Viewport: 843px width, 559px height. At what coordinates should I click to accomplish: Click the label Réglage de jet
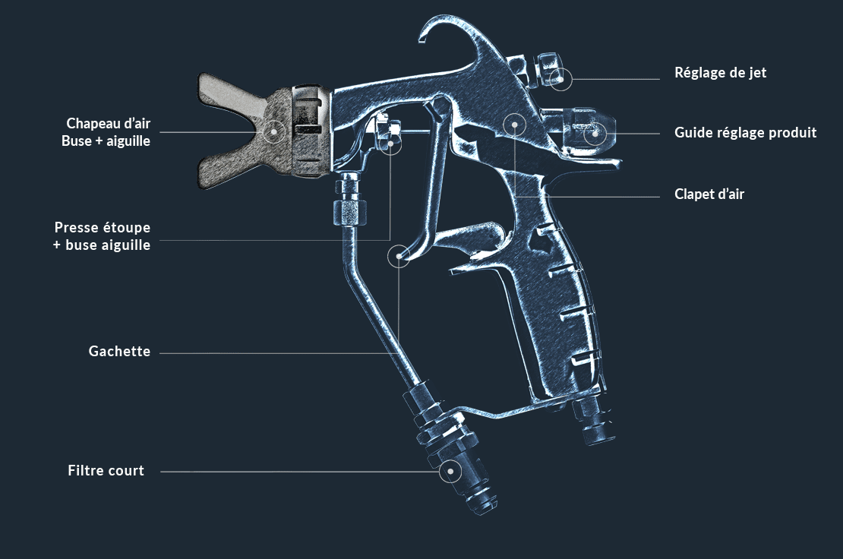click(720, 73)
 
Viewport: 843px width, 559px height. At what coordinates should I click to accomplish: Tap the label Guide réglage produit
click(745, 133)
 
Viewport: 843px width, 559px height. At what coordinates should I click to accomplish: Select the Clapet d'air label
click(709, 194)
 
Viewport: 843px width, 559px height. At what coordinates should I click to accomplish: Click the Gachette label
click(119, 352)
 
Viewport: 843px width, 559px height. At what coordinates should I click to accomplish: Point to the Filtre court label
click(106, 471)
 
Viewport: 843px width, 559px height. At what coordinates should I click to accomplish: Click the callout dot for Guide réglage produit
click(595, 133)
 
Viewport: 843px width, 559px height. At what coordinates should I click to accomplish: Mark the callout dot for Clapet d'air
click(514, 124)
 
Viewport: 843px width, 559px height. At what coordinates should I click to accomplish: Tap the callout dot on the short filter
click(450, 471)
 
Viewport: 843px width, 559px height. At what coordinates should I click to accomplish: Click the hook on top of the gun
click(440, 30)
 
